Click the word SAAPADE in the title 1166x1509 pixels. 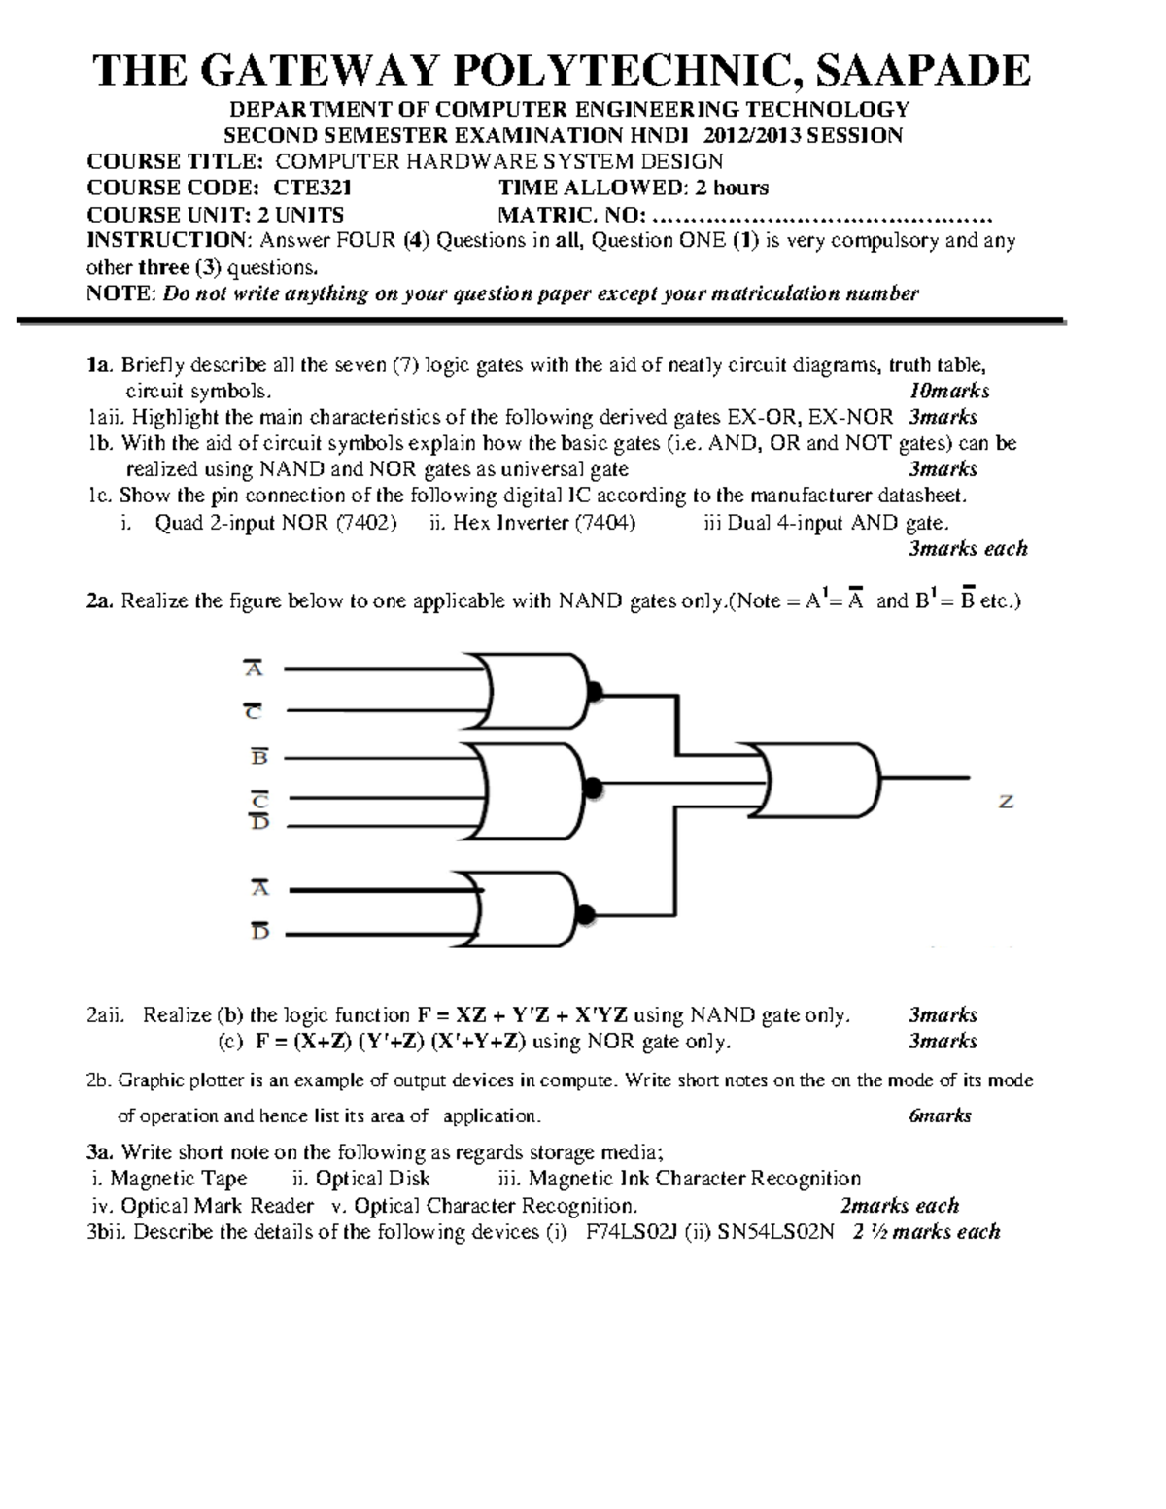[922, 71]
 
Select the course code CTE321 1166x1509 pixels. [313, 189]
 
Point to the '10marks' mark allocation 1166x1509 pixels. [948, 392]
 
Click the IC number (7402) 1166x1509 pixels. [366, 523]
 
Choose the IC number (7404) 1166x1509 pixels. [604, 523]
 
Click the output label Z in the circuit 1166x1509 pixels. [1007, 803]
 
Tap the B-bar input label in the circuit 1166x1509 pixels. [259, 757]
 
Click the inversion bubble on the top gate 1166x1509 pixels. [595, 691]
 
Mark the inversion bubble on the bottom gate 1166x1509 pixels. [585, 914]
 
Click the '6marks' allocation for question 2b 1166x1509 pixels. [940, 1116]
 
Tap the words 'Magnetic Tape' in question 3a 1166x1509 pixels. [179, 1180]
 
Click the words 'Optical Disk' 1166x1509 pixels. [373, 1180]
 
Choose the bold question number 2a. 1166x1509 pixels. [100, 601]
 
